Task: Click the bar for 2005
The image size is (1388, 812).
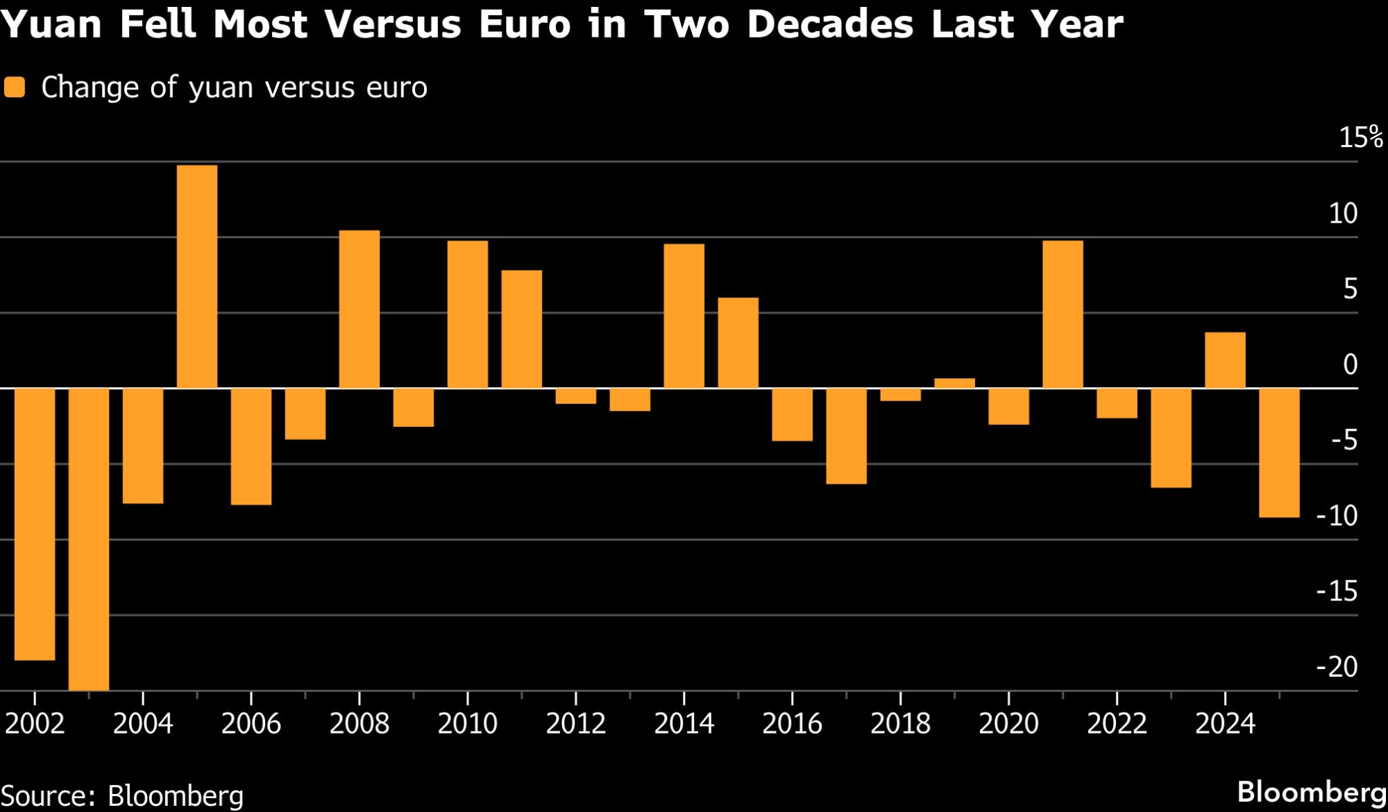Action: pyautogui.click(x=197, y=276)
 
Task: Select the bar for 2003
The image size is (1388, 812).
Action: pyautogui.click(x=89, y=539)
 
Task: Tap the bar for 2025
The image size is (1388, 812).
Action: pyautogui.click(x=1279, y=452)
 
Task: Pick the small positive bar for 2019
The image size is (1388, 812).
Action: pyautogui.click(x=954, y=383)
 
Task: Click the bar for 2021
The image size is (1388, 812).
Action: pyautogui.click(x=1063, y=314)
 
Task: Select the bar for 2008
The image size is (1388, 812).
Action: pyautogui.click(x=359, y=309)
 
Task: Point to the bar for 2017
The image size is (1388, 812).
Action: pyautogui.click(x=846, y=436)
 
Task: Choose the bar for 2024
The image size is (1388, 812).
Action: pyautogui.click(x=1225, y=360)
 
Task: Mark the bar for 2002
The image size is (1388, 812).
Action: pyautogui.click(x=35, y=524)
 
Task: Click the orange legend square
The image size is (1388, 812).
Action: pyautogui.click(x=15, y=87)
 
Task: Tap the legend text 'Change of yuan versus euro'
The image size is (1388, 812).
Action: pyautogui.click(x=234, y=87)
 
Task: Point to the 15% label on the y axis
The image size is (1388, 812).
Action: pyautogui.click(x=1360, y=137)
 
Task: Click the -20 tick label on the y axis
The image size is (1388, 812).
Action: pyautogui.click(x=1337, y=667)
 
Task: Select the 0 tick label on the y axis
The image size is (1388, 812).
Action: pyautogui.click(x=1350, y=364)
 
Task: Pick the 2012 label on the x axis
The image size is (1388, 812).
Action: pyautogui.click(x=575, y=724)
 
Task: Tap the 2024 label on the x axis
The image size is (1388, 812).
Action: pyautogui.click(x=1225, y=724)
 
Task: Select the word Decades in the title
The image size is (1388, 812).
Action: pyautogui.click(x=830, y=24)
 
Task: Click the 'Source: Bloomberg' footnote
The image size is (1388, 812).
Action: pyautogui.click(x=122, y=795)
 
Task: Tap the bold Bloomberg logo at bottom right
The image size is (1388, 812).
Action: pyautogui.click(x=1311, y=792)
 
